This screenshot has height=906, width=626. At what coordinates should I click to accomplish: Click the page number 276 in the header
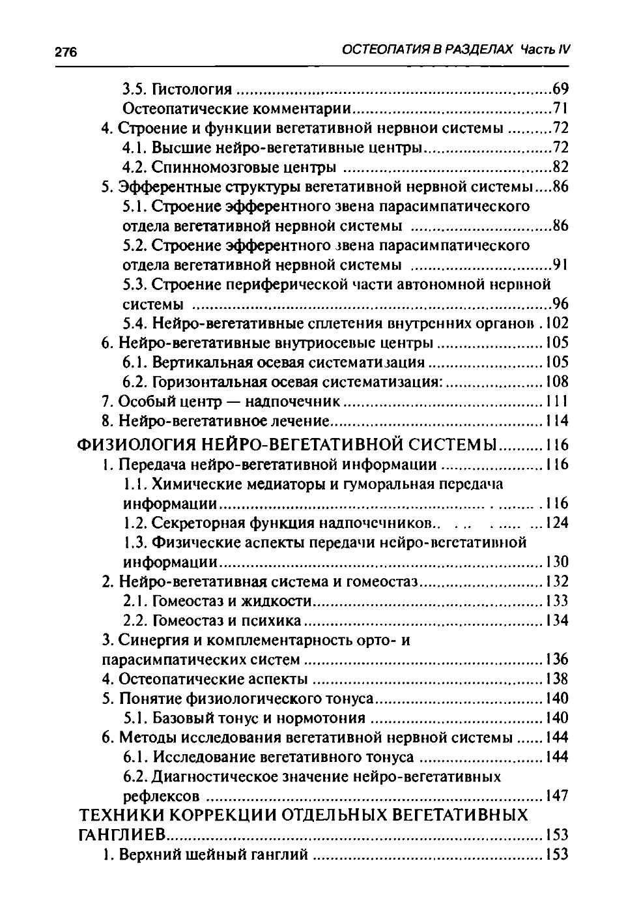coord(66,53)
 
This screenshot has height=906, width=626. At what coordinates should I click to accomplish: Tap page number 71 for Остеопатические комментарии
coord(560,108)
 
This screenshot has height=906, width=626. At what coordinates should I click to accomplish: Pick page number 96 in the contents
coord(560,304)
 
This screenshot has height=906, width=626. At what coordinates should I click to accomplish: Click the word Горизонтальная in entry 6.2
coord(208,381)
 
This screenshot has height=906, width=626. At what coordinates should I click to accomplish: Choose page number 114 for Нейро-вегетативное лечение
coord(556,420)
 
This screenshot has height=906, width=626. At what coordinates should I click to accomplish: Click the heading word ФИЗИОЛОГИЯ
coord(136,446)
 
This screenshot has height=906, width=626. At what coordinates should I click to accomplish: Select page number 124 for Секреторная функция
coord(556,523)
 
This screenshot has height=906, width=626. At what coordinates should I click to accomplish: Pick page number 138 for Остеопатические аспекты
coord(556,679)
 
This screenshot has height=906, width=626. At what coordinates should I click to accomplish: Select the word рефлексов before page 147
coord(161,796)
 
